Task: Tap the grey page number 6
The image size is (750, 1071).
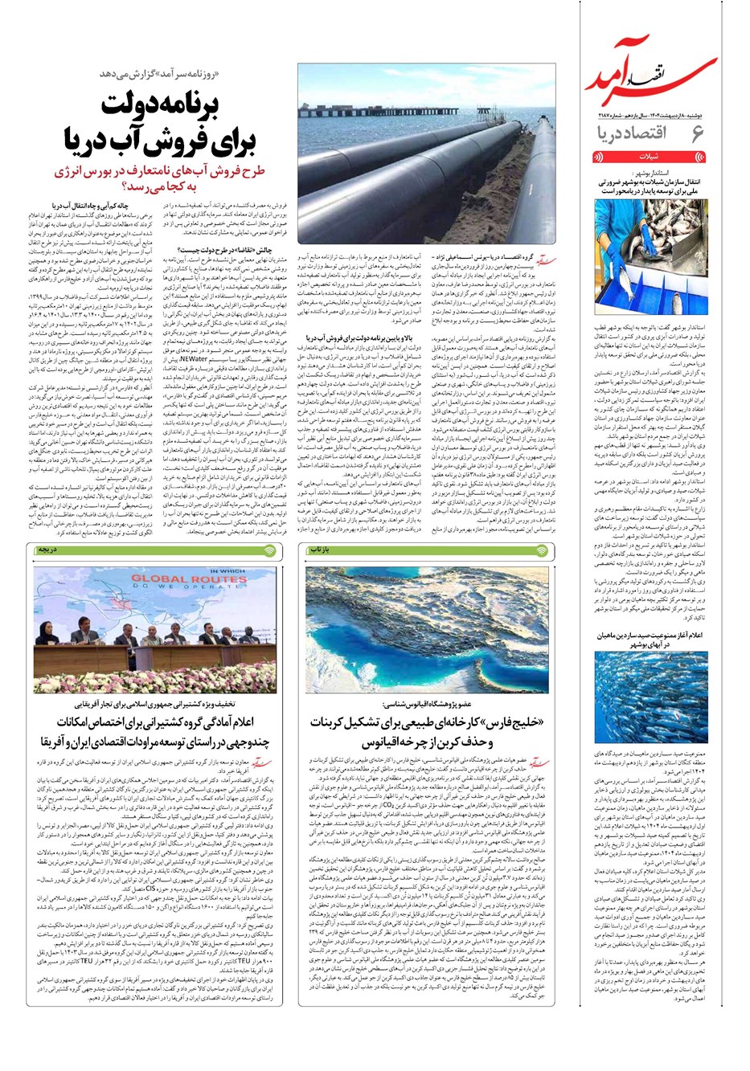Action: point(698,133)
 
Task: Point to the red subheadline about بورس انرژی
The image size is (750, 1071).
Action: point(161,180)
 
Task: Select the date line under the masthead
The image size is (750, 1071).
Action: point(652,115)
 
